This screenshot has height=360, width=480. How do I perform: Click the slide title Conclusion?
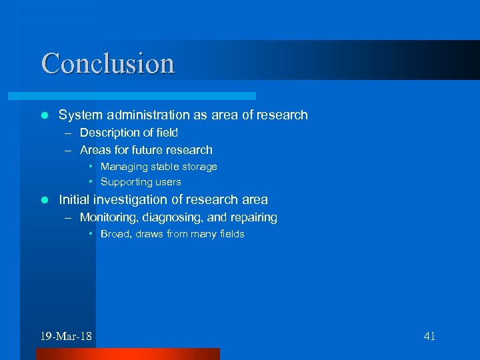point(108,63)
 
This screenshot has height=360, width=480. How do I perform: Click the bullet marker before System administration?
point(44,115)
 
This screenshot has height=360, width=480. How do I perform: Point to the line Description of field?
point(129,133)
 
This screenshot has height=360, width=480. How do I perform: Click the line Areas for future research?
point(146,150)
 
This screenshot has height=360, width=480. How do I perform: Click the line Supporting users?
point(141,182)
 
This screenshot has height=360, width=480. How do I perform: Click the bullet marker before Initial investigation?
point(44,200)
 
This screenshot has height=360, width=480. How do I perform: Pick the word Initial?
point(75,199)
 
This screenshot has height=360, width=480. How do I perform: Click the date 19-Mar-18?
point(66,336)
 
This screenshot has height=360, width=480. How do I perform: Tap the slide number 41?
point(429,336)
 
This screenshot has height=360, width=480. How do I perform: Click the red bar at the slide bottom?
point(127,354)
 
